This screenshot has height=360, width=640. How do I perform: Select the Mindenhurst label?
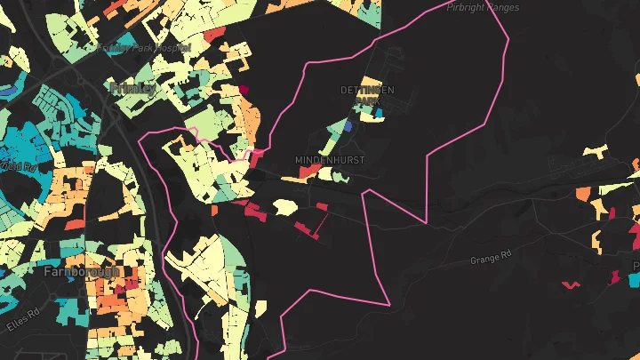(330, 160)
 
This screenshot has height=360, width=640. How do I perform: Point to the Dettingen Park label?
(366, 96)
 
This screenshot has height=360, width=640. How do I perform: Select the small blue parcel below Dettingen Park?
(348, 126)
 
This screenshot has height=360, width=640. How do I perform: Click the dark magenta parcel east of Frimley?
(244, 89)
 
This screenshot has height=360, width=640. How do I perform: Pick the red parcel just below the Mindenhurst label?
(297, 176)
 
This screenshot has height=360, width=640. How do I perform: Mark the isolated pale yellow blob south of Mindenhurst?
(284, 206)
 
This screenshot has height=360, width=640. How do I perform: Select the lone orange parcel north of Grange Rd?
(582, 193)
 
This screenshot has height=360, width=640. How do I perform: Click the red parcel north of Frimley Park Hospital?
(213, 34)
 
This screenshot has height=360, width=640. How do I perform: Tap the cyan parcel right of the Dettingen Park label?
(380, 113)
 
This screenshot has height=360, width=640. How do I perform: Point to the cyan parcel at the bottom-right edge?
(632, 280)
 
